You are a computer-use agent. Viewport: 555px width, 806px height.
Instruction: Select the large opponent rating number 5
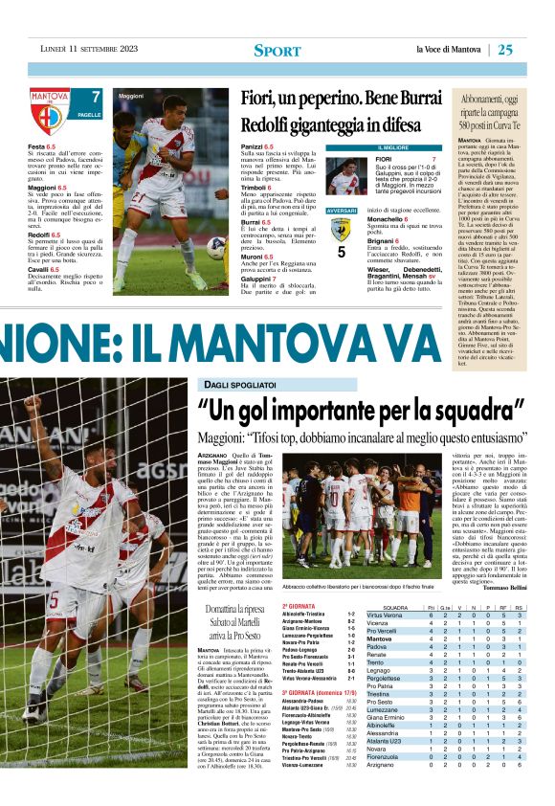pyautogui.click(x=341, y=253)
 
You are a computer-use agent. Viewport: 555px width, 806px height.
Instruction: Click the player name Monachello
pyautogui.click(x=389, y=220)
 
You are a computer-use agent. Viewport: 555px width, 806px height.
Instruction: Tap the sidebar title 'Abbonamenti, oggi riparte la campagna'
pyautogui.click(x=499, y=104)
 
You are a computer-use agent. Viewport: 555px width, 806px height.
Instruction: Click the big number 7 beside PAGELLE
pyautogui.click(x=96, y=97)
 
